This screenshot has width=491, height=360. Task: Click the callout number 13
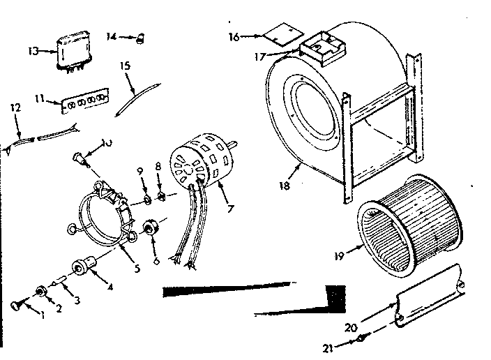tap(33, 51)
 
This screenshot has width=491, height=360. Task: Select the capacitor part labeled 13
tap(71, 51)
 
